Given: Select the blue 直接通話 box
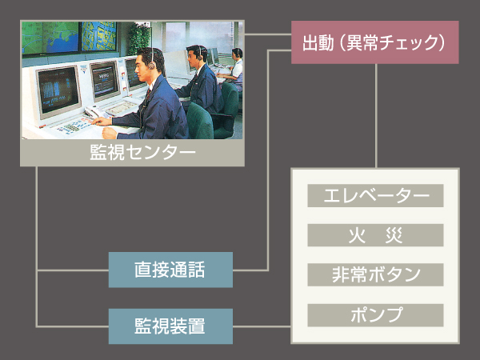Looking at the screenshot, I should pos(170,270).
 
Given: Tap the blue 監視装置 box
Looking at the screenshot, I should pos(170,326).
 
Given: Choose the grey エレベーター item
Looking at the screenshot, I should pos(375,196).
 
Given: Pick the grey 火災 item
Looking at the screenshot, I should pos(375,235).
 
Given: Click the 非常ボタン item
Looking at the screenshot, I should pos(375,274).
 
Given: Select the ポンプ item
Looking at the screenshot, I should pos(375,314).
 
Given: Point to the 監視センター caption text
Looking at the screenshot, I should pos(132,153).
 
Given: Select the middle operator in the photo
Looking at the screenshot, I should pos(200,76).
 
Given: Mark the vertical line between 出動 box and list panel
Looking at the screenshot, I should pos(375,116).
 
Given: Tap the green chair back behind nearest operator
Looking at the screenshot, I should pos(200,120).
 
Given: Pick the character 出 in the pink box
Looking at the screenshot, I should pos(311,42).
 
